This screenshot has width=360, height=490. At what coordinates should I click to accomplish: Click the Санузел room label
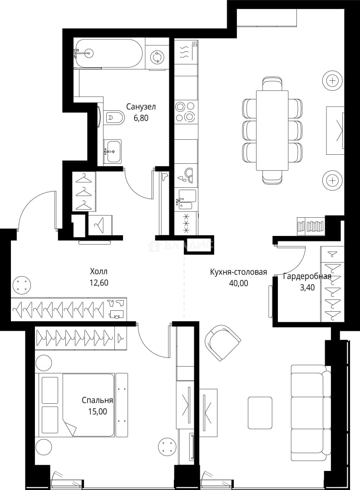pos(141,107)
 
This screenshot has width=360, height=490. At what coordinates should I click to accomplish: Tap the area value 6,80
pos(141,118)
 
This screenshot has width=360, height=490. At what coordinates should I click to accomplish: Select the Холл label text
pos(99,271)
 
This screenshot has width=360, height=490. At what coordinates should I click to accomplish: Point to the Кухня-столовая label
pos(238,272)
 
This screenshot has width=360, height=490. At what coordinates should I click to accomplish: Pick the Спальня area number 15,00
pos(97,412)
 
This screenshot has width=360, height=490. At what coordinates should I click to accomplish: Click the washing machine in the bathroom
pos(156,57)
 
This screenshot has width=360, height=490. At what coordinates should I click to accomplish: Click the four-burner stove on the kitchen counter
pos(186,111)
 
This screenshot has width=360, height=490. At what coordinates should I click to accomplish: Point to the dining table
pos(272,130)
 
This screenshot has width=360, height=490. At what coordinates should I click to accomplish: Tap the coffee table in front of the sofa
pos(260,412)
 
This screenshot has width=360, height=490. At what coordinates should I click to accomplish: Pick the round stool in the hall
pos(22,285)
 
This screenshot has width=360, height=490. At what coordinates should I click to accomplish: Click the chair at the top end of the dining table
pos(272,83)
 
